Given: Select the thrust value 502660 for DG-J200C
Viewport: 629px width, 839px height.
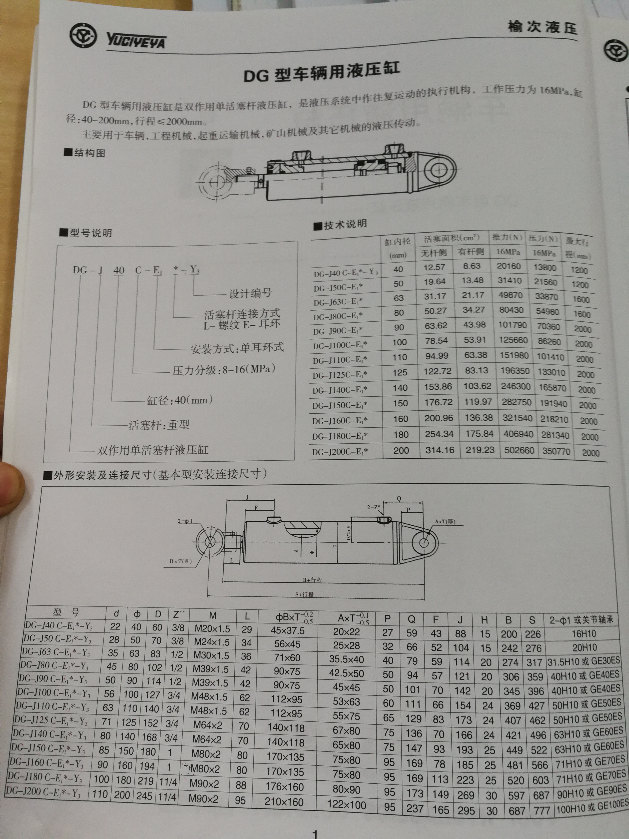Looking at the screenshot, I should coord(519,450).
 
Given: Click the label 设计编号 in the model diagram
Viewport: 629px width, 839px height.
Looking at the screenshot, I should coord(250,293).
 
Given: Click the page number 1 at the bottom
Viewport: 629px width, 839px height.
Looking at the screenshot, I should coord(315,834).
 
